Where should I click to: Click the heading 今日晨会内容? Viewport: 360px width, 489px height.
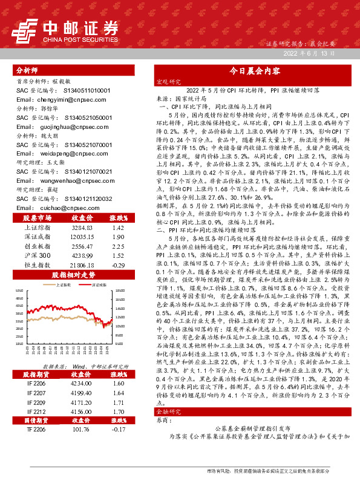[254, 70]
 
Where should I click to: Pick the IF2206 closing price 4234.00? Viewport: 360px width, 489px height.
[81, 384]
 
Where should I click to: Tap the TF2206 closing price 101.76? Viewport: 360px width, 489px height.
[81, 429]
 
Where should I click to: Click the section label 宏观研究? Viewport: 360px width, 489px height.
[168, 81]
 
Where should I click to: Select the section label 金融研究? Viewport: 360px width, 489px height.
[168, 411]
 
